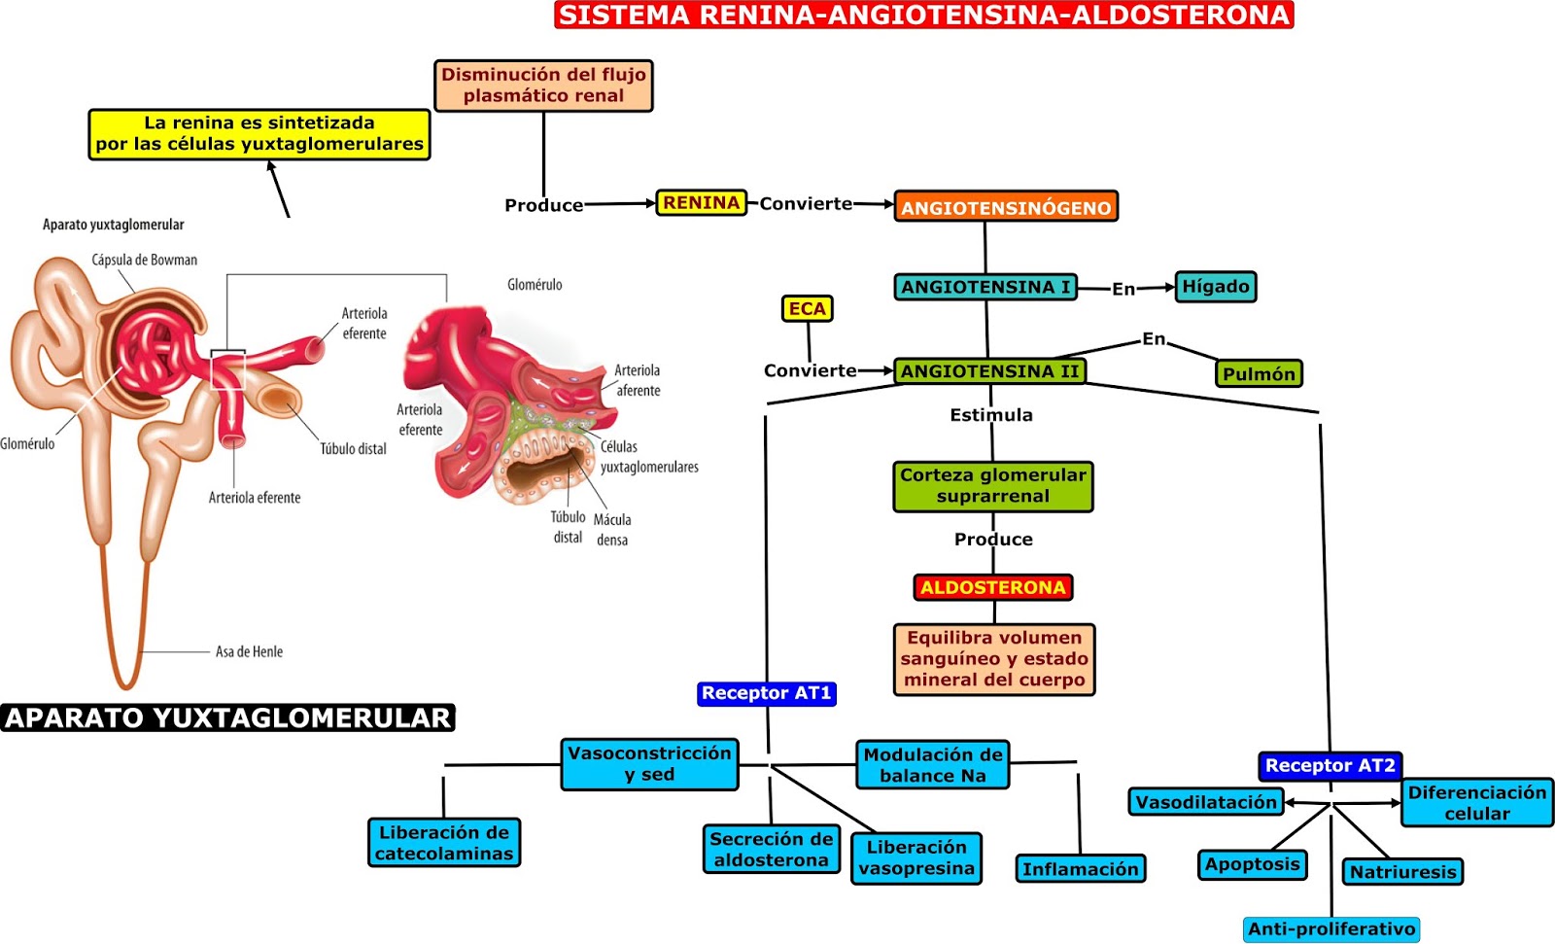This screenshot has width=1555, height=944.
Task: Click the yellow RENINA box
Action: coord(701,202)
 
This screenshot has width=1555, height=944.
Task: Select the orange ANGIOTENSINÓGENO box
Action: coord(1006,207)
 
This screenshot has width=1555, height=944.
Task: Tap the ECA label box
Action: coord(807,308)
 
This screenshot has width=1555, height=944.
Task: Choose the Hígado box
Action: coord(1215,287)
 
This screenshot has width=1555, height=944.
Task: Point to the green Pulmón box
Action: coord(1259,373)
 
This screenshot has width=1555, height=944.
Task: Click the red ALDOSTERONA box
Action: coord(993,587)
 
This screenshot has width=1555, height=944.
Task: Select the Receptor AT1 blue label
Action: coord(766,693)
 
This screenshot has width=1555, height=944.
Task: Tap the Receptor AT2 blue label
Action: coord(1330,765)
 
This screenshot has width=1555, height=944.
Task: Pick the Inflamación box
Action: coord(1080,868)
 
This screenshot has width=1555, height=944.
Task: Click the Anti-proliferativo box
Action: coord(1330,929)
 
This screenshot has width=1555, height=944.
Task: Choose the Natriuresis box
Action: coord(1402,871)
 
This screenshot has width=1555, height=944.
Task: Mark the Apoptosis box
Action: coord(1252,864)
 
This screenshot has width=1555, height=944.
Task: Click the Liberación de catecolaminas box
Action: coord(444,843)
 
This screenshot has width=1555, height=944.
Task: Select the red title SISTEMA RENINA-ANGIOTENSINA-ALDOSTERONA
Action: coord(923,15)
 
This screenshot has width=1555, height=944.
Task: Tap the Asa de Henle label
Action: coord(249,651)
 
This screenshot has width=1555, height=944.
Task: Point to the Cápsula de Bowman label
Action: coord(144,260)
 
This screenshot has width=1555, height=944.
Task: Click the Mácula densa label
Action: coord(612,530)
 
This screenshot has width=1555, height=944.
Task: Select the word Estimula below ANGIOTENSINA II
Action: coord(991,415)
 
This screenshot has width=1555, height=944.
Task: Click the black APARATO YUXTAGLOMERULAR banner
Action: coord(228,717)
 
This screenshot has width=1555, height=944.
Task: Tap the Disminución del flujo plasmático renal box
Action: coord(543,86)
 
